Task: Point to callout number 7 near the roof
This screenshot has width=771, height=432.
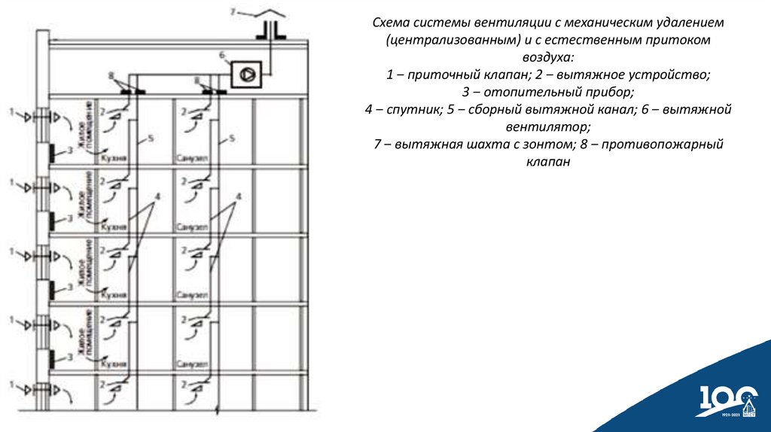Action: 233,11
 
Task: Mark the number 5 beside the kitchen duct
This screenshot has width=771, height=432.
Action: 151,138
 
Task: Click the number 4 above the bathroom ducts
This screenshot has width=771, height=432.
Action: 239,196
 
